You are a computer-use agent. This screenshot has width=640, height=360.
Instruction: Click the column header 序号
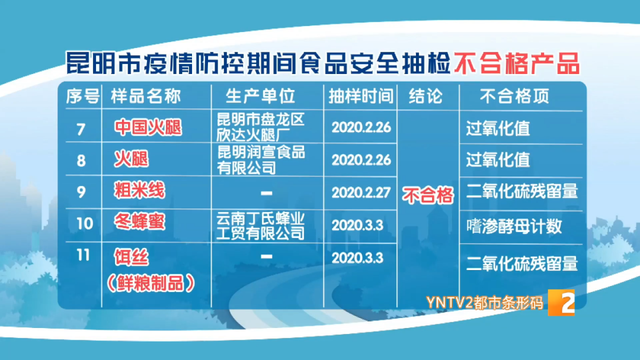82,98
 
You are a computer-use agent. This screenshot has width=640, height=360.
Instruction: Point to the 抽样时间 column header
358,98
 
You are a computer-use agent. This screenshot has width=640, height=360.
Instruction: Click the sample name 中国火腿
146,129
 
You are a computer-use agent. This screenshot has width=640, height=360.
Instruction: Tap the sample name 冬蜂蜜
139,221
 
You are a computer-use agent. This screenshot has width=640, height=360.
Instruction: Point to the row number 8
82,159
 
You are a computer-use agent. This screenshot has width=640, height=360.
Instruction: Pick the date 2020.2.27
358,190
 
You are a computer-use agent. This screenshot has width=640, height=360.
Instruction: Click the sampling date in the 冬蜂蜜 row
358,224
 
